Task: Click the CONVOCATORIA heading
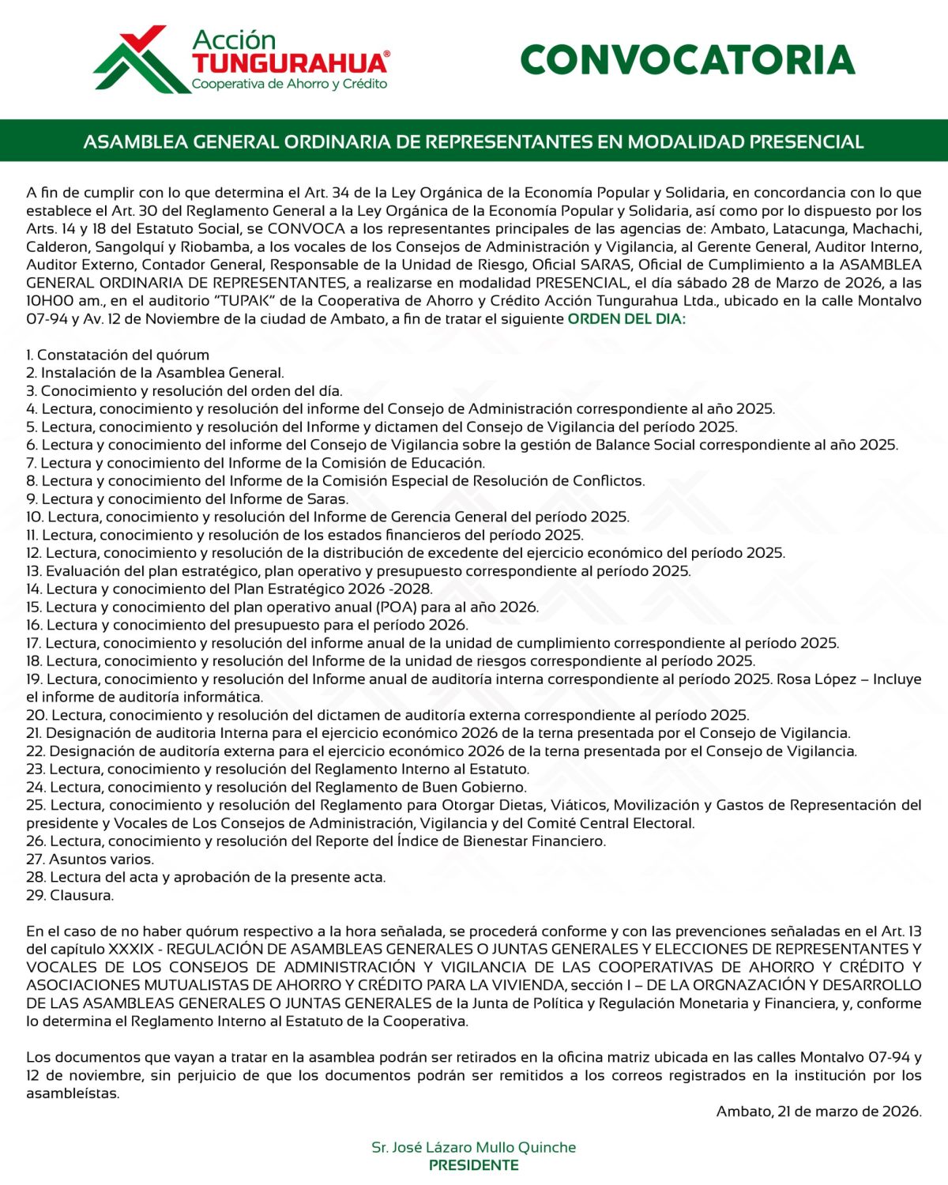point(687,60)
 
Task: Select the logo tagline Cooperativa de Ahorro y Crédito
point(289,84)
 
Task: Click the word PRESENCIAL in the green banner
point(806,142)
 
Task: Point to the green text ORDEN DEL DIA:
point(626,319)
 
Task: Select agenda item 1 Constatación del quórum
point(118,355)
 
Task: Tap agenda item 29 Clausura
point(70,895)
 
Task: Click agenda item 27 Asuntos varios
point(90,859)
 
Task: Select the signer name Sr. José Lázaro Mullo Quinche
point(473,1147)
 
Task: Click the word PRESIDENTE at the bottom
point(473,1165)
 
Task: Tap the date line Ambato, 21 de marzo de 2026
point(818,1112)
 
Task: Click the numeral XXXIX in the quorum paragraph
point(131,949)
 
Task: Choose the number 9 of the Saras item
point(31,499)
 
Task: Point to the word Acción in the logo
point(234,40)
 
